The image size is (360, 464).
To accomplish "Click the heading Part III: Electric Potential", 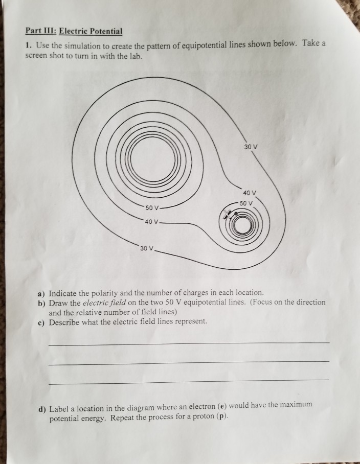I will [x=74, y=31].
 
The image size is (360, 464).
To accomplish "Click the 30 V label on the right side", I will [x=251, y=147].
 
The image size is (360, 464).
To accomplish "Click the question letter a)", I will [x=41, y=293].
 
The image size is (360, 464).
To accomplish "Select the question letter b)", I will [x=41, y=303].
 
